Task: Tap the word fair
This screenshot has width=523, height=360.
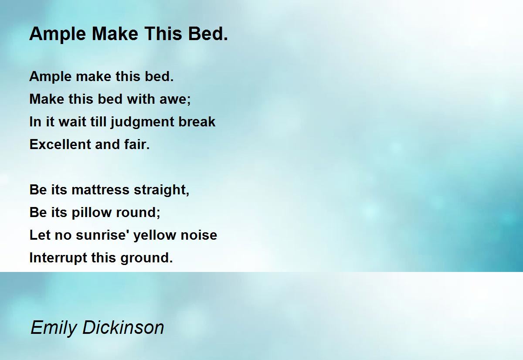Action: pos(138,144)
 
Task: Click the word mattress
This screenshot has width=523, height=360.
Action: pos(101,190)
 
